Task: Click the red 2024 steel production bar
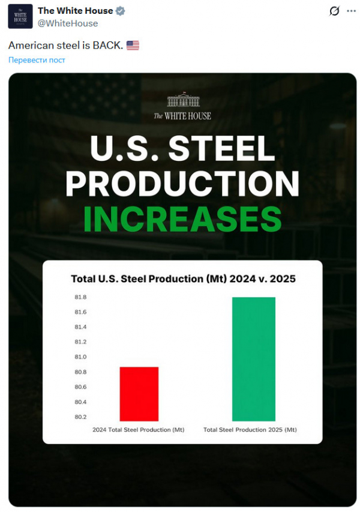tap(139, 394)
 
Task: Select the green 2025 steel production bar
tap(254, 359)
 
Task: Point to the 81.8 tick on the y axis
tap(80, 298)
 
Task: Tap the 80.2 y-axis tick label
tap(80, 417)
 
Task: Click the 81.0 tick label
tap(80, 357)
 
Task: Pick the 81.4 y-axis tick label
tap(80, 327)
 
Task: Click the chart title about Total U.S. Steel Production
tap(183, 279)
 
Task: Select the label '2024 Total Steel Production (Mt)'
tap(138, 430)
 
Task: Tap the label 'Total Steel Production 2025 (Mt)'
tap(250, 430)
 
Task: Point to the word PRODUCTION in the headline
tap(182, 184)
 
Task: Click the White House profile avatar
tap(20, 17)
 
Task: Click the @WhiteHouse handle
tap(68, 23)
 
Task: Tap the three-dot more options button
tap(351, 11)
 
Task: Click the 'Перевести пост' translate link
tap(37, 60)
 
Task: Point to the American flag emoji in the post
tap(133, 46)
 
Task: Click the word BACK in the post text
tap(109, 46)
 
